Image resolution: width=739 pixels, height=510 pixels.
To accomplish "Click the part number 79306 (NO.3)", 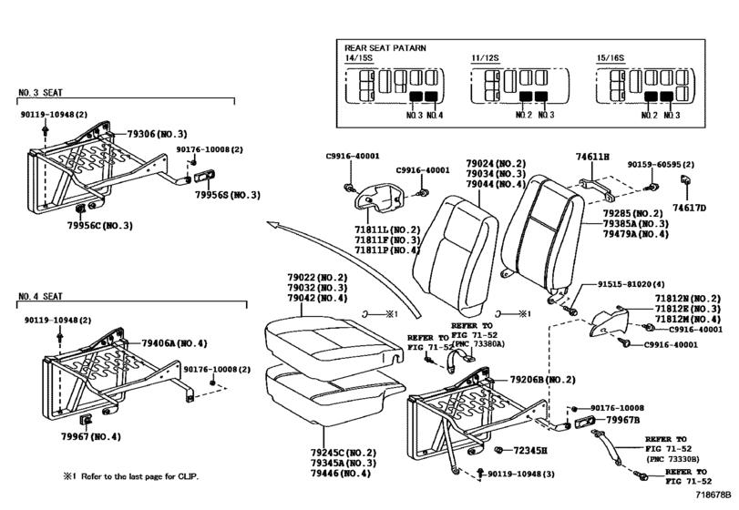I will [x=157, y=133].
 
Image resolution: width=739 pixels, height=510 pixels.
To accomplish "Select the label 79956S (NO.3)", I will [x=228, y=195].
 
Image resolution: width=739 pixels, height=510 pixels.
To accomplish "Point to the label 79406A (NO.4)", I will [x=174, y=343].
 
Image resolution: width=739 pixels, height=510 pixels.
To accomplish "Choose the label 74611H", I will [x=592, y=157].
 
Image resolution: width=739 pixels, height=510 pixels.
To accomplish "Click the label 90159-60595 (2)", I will [x=660, y=165].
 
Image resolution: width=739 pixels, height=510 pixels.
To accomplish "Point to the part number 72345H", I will [x=530, y=450].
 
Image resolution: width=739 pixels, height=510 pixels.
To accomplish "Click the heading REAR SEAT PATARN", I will [x=385, y=47].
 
